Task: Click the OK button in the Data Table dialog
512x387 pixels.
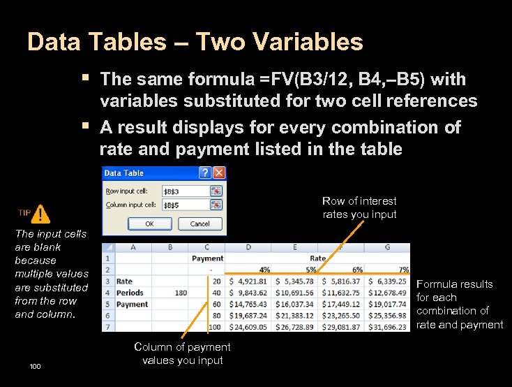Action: [149, 224]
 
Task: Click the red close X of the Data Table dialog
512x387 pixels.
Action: [219, 173]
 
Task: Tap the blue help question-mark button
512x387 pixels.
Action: [206, 173]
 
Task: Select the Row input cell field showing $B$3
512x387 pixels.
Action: [185, 191]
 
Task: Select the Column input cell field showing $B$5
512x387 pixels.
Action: [185, 205]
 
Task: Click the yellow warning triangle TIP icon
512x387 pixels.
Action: [41, 214]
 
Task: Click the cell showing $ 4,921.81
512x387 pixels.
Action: [249, 282]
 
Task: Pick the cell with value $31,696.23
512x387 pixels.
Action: [388, 326]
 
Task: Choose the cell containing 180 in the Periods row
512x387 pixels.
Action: [181, 293]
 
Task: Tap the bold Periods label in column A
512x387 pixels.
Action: [130, 293]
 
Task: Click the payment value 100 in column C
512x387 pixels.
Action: [214, 326]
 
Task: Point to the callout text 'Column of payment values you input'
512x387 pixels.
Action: [182, 353]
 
